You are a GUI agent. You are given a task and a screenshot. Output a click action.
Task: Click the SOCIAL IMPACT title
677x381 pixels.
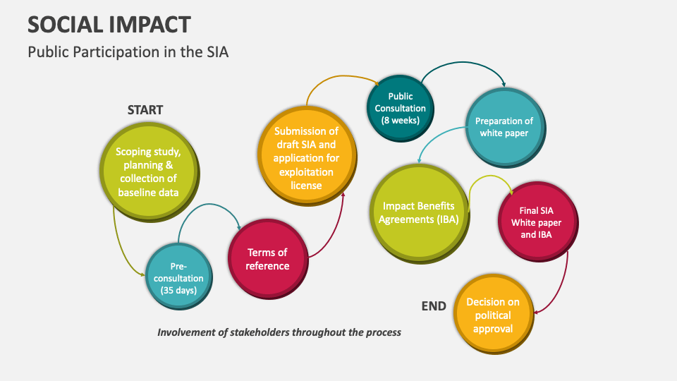pyautogui.click(x=109, y=24)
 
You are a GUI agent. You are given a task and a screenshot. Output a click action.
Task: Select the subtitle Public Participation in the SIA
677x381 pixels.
pyautogui.click(x=128, y=52)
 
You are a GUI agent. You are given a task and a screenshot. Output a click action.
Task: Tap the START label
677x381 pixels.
pyautogui.click(x=145, y=110)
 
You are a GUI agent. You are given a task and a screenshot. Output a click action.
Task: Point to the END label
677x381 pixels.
pyautogui.click(x=434, y=306)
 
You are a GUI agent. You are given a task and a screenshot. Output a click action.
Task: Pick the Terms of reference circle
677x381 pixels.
pyautogui.click(x=267, y=259)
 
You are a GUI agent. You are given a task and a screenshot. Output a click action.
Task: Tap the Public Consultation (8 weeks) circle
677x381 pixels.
pyautogui.click(x=400, y=108)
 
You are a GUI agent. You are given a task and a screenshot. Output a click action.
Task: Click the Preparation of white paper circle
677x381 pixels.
pyautogui.click(x=504, y=126)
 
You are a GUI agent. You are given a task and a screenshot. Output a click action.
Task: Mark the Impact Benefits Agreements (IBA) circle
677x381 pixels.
pyautogui.click(x=419, y=213)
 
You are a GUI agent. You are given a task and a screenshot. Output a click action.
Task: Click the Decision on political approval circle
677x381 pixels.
pyautogui.click(x=493, y=315)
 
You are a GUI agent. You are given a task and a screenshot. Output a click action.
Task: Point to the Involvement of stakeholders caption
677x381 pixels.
pyautogui.click(x=279, y=332)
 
